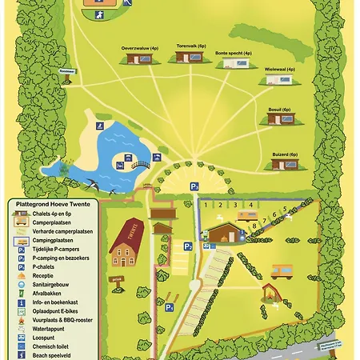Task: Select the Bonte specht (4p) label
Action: (x=232, y=53)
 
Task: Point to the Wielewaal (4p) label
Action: (x=280, y=70)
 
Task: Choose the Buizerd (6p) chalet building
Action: (x=283, y=162)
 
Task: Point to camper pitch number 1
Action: (x=206, y=205)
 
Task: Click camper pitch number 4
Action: (x=251, y=205)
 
